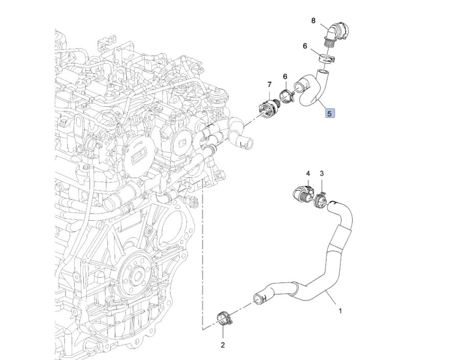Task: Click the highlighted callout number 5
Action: (x=330, y=113)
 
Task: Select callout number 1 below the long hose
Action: (x=340, y=311)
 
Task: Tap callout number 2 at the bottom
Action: (x=223, y=345)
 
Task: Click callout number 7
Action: (x=269, y=85)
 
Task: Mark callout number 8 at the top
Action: (x=313, y=20)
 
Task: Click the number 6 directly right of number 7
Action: (x=285, y=77)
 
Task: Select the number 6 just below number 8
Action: (x=305, y=46)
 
